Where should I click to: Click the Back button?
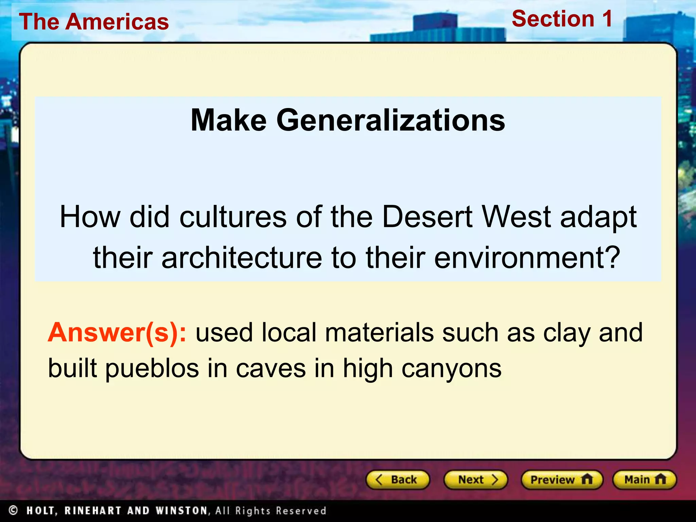(x=398, y=480)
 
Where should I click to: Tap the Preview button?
(x=562, y=480)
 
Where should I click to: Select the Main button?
(x=644, y=480)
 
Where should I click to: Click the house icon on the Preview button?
(x=587, y=479)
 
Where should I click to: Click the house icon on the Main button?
(x=660, y=479)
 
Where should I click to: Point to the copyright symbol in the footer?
(x=13, y=510)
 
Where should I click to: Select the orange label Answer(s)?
(x=117, y=332)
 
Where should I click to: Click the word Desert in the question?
(x=427, y=217)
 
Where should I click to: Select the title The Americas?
(x=94, y=22)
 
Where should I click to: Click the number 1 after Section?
(x=607, y=19)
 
